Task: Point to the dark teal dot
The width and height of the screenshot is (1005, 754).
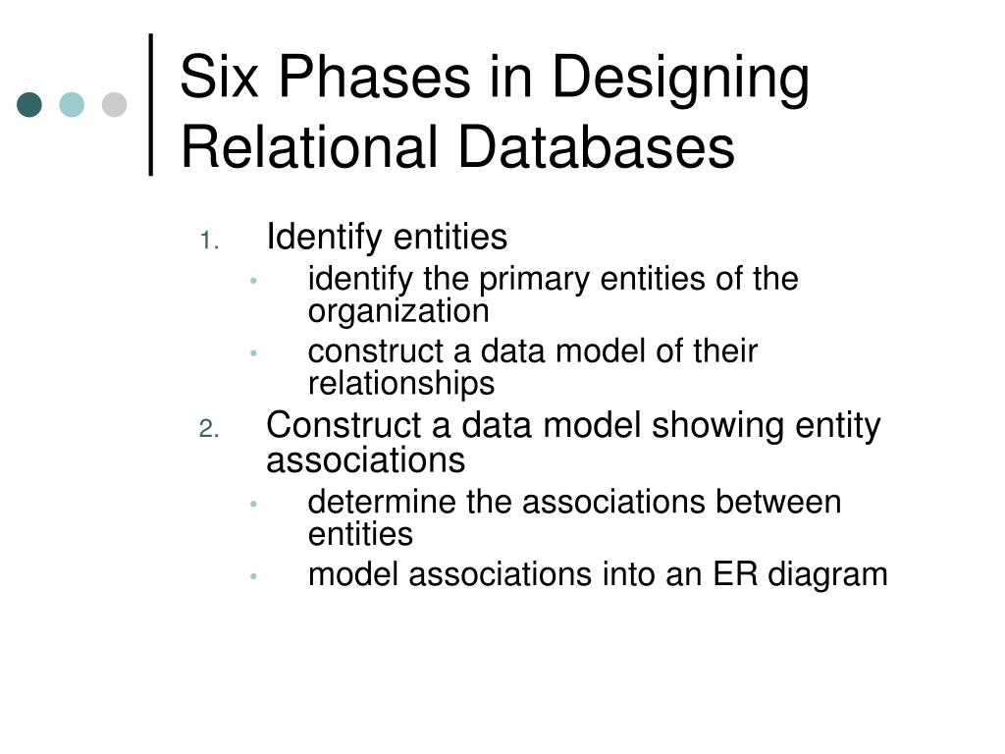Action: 29,104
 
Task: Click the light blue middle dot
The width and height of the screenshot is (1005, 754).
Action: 72,104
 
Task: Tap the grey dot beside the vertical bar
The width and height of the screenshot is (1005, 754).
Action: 115,104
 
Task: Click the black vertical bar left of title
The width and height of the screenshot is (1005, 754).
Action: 152,104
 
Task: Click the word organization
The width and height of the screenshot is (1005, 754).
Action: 397,312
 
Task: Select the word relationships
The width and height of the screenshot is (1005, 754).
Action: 401,383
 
